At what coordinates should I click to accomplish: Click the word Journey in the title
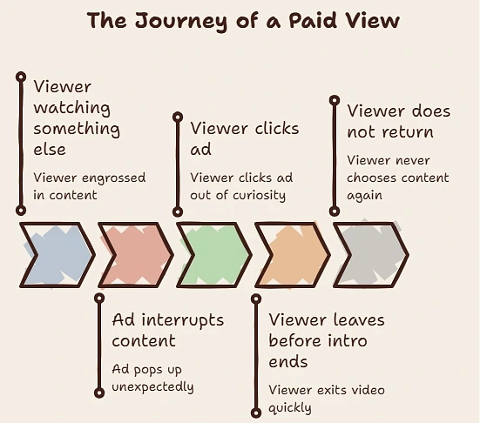click(x=181, y=21)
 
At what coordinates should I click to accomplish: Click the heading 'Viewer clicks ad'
click(x=244, y=138)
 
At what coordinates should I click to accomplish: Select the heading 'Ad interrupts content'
click(x=168, y=331)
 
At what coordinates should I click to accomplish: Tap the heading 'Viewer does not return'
click(x=399, y=121)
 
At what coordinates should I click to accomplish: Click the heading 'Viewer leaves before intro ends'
click(x=327, y=340)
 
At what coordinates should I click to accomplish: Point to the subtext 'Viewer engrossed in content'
click(x=90, y=186)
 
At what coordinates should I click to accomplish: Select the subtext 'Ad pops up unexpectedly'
click(x=152, y=378)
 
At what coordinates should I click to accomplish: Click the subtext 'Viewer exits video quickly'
click(x=327, y=399)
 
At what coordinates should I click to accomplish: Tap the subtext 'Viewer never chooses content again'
click(x=397, y=178)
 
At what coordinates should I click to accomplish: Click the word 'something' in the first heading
click(x=77, y=129)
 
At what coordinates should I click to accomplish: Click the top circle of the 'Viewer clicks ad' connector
click(x=178, y=117)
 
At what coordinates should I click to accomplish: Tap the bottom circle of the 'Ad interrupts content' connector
click(x=99, y=393)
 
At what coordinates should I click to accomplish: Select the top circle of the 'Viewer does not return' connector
click(x=335, y=100)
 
